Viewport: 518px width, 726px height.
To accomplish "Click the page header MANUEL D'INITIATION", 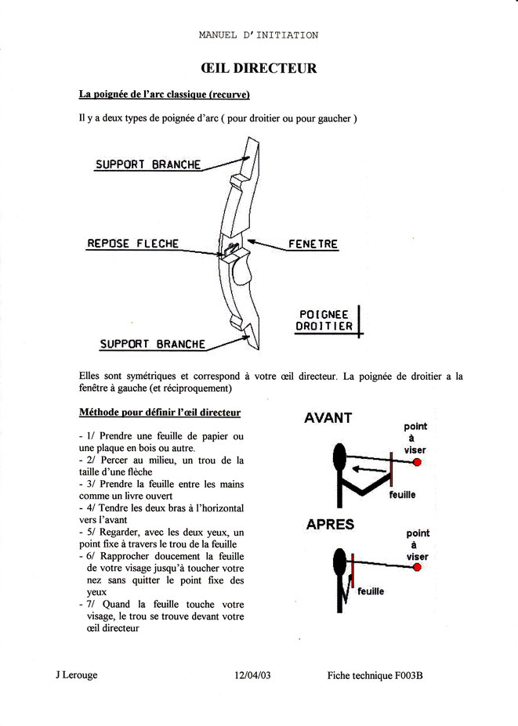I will point(258,35).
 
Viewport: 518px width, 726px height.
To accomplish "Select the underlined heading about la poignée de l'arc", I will point(165,95).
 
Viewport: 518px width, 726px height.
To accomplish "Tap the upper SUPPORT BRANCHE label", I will point(148,165).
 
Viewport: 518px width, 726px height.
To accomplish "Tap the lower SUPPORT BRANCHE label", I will point(153,344).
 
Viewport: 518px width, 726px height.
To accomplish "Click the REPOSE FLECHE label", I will point(132,244).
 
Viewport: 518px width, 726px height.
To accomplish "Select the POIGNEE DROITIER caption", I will point(324,320).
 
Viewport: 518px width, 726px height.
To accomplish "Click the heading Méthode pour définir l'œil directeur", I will point(160,412).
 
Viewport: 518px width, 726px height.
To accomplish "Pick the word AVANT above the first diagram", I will point(328,417).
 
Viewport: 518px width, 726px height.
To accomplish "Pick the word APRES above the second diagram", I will point(330,525).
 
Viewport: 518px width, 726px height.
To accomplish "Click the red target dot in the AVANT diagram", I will point(417,463).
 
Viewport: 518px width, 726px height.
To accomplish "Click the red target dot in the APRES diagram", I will point(422,567).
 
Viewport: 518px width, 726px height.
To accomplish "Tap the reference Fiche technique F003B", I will point(375,674).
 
